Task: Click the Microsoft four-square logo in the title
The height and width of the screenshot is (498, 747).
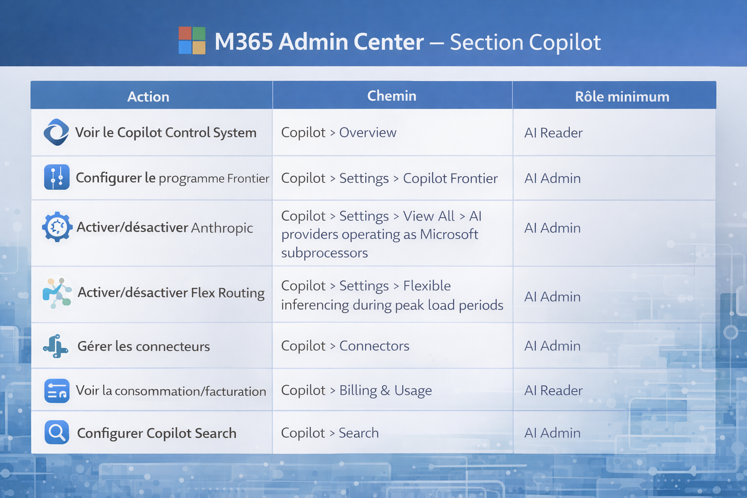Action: pos(192,40)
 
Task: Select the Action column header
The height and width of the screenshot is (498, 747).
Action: pos(148,97)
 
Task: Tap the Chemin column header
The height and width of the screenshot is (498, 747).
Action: pos(392,96)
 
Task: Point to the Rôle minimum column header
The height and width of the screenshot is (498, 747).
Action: pos(622,97)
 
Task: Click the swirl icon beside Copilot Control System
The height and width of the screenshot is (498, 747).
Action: pos(56,132)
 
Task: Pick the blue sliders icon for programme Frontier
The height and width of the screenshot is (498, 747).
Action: pos(57,177)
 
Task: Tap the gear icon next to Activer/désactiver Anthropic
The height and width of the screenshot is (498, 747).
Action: pos(57,227)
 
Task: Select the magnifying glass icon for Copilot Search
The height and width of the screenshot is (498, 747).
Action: pos(57,432)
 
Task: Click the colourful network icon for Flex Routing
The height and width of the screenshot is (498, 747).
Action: pos(57,293)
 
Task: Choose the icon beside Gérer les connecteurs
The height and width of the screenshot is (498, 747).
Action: pos(56,346)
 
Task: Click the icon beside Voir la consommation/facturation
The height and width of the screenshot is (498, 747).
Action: pos(57,391)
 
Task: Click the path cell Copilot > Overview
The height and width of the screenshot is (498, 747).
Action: pos(339,132)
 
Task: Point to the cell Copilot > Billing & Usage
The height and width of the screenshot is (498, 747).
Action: pos(356,390)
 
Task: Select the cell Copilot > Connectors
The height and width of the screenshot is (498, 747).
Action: pos(345,346)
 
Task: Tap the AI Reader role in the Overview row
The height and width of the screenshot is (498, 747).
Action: pos(553,133)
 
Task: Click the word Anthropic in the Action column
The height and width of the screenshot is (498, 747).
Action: pos(222,228)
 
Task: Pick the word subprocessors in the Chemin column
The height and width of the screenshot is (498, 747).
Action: pos(324,253)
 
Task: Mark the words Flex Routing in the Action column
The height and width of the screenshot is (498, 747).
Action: pos(228,293)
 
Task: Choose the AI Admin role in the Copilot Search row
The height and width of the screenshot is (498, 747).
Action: pos(552,433)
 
